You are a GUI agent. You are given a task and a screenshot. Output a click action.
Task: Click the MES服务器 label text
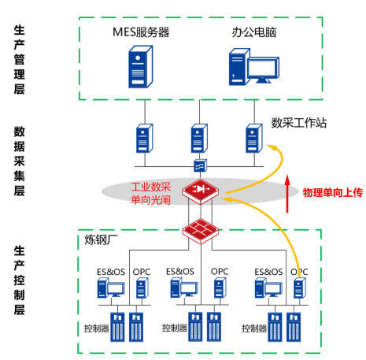point(141,32)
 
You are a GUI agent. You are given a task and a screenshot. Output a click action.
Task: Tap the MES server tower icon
point(141,67)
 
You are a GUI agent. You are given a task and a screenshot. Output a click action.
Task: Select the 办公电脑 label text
point(254,32)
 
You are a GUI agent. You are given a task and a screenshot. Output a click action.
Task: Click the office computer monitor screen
point(262,68)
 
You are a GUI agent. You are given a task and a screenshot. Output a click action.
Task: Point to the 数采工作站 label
point(299,123)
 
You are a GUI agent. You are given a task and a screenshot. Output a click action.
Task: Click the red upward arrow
point(287,193)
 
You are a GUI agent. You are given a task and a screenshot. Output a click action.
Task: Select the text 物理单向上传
point(333,192)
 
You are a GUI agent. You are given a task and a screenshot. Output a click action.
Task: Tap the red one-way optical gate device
point(201,191)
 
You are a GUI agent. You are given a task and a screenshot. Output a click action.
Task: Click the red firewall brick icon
point(201,231)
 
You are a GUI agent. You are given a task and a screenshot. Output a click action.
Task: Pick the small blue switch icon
point(201,165)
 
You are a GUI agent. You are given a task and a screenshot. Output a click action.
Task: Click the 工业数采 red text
point(151,187)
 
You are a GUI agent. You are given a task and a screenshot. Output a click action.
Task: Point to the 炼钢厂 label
point(101,239)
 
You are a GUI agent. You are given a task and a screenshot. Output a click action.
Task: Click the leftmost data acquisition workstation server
point(145,138)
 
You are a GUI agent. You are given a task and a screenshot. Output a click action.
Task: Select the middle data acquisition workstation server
point(199,138)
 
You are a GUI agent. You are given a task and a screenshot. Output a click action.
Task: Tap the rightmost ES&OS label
point(268,272)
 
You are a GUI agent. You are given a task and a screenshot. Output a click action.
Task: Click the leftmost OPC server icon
point(142,288)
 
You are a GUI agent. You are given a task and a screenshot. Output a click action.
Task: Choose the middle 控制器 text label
point(175,328)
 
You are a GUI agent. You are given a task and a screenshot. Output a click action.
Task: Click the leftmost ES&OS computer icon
point(111,288)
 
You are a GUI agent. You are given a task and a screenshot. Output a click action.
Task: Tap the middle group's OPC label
point(220,272)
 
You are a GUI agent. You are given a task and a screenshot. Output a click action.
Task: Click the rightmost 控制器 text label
point(254,328)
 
